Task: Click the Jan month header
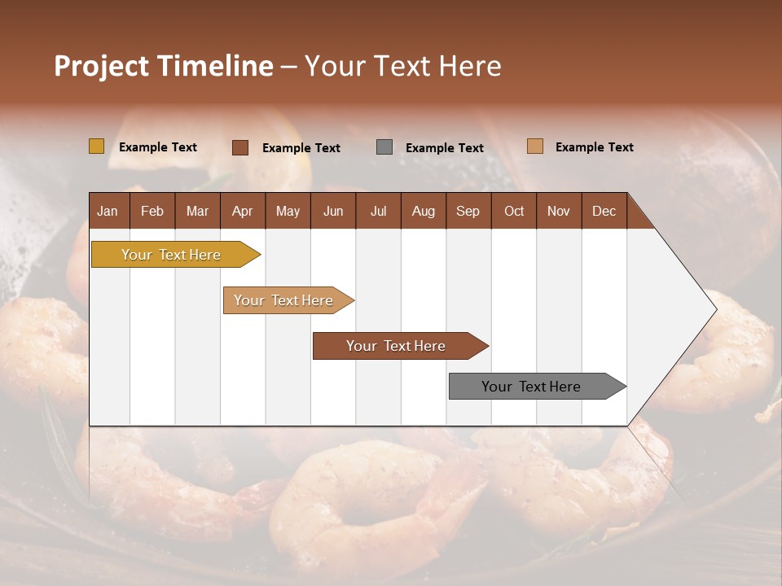108,211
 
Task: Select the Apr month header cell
243,211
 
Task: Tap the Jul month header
379,211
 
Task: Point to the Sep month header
468,211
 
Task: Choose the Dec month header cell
604,211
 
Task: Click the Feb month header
152,211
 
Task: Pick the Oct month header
514,211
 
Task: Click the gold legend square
97,146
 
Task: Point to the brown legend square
240,147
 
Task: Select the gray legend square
384,147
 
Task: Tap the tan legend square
534,146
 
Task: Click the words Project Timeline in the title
164,66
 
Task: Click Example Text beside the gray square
444,148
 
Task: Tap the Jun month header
333,211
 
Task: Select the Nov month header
559,211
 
